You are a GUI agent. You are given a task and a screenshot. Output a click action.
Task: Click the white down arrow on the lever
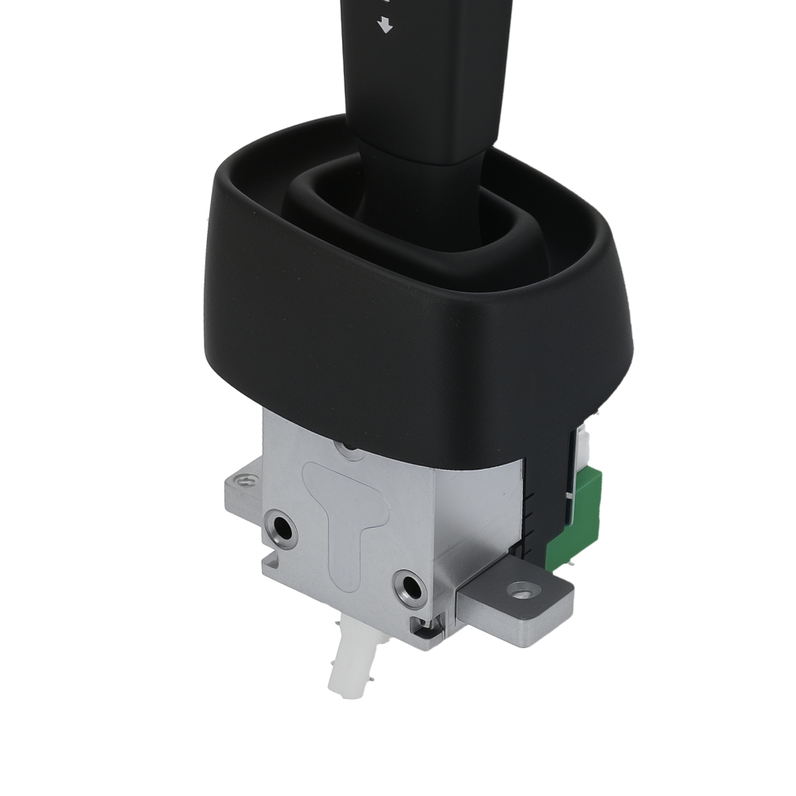pyautogui.click(x=387, y=26)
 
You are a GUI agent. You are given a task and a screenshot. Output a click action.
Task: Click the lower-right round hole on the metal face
pyautogui.click(x=411, y=588)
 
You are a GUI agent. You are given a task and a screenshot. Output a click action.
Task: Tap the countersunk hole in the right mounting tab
pyautogui.click(x=523, y=592)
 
